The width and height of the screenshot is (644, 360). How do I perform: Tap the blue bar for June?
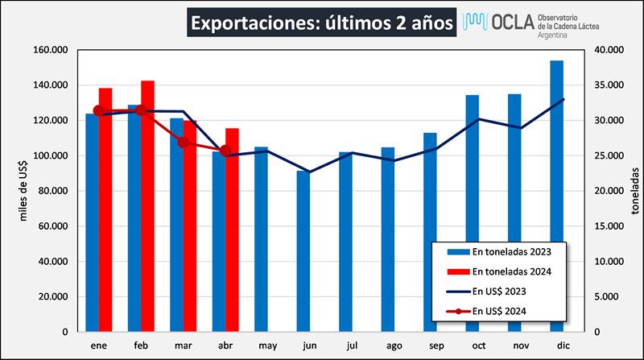pyautogui.click(x=303, y=250)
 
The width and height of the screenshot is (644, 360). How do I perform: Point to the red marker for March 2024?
pyautogui.click(x=184, y=143)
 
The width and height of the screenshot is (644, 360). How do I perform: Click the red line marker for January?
pyautogui.click(x=99, y=111)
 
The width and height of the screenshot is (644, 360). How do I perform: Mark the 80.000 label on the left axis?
pyautogui.click(x=52, y=191)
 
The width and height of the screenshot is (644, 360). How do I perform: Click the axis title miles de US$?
pyautogui.click(x=25, y=191)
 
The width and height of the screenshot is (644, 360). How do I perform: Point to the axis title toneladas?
pyautogui.click(x=634, y=191)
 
